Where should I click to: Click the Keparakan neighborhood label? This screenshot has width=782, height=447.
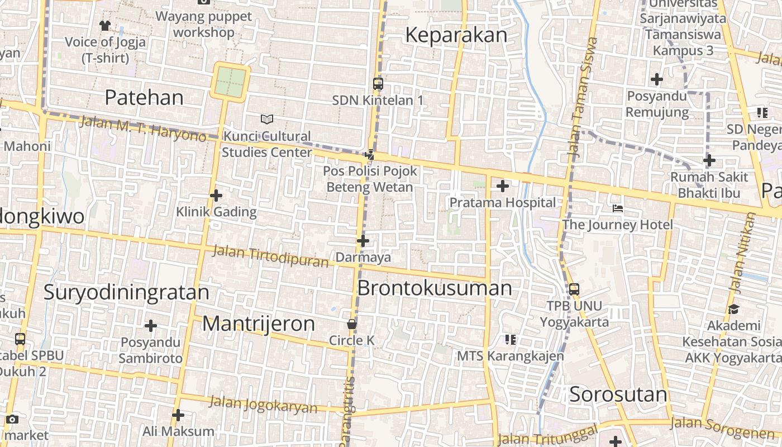pos(456,35)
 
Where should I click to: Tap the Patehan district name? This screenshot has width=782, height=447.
pos(144,98)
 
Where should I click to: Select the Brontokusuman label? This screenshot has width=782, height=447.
pos(434,288)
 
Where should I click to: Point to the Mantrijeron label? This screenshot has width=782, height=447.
pos(259,324)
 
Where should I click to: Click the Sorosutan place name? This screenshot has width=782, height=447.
pos(618,395)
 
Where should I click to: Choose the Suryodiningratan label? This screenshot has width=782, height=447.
pos(126,292)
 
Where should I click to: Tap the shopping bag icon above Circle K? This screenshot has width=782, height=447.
pos(352,324)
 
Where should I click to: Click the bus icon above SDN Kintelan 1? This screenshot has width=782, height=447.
pos(378,84)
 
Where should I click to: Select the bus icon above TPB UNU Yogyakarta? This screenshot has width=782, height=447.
pos(574,289)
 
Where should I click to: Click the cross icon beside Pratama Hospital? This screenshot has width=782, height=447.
pos(503,186)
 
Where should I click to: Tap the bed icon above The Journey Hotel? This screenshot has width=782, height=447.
pos(617,208)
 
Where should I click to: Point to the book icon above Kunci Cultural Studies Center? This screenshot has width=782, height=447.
pos(267,119)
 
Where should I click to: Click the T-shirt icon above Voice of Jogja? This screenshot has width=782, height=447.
pos(105,25)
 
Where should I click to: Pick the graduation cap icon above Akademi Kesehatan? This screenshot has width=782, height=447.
pos(733,309)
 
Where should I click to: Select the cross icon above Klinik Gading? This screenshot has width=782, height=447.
pos(216,196)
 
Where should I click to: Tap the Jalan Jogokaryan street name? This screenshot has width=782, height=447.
pos(263,405)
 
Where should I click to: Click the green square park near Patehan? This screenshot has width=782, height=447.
pos(231,82)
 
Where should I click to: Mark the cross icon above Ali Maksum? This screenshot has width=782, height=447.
pos(178,415)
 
